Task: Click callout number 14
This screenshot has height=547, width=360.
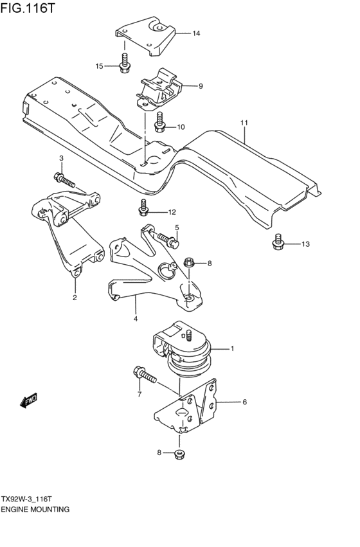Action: [x=196, y=33]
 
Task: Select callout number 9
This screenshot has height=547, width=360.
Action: [x=201, y=85]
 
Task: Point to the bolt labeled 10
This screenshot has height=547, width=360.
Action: [x=160, y=121]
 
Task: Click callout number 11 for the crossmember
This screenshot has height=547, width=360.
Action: [x=244, y=121]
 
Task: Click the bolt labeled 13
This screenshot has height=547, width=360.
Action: [x=278, y=242]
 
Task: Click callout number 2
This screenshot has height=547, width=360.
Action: [x=75, y=298]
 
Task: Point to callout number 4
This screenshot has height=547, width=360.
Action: [x=136, y=318]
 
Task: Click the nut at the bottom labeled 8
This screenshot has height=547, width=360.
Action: [x=181, y=455]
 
